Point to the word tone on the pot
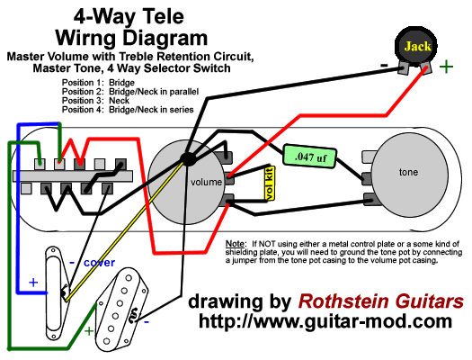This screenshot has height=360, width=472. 409,171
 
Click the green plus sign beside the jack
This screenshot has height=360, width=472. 446,66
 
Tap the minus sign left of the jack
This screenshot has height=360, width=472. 384,66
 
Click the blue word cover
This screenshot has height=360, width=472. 99,263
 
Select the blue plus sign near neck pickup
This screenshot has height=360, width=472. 33,282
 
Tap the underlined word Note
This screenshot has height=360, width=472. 236,244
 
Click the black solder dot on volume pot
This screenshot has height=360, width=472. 189,159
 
